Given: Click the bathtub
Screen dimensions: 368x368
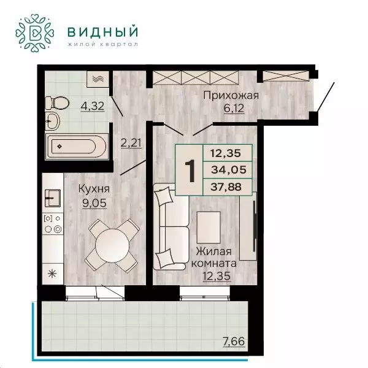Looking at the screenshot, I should tap(79, 147).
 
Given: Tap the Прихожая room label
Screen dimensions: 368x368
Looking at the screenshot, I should tap(230, 95).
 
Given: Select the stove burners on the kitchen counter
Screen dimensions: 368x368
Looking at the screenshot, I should tap(52, 225).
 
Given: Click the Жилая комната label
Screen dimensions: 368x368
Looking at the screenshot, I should tap(214, 258).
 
